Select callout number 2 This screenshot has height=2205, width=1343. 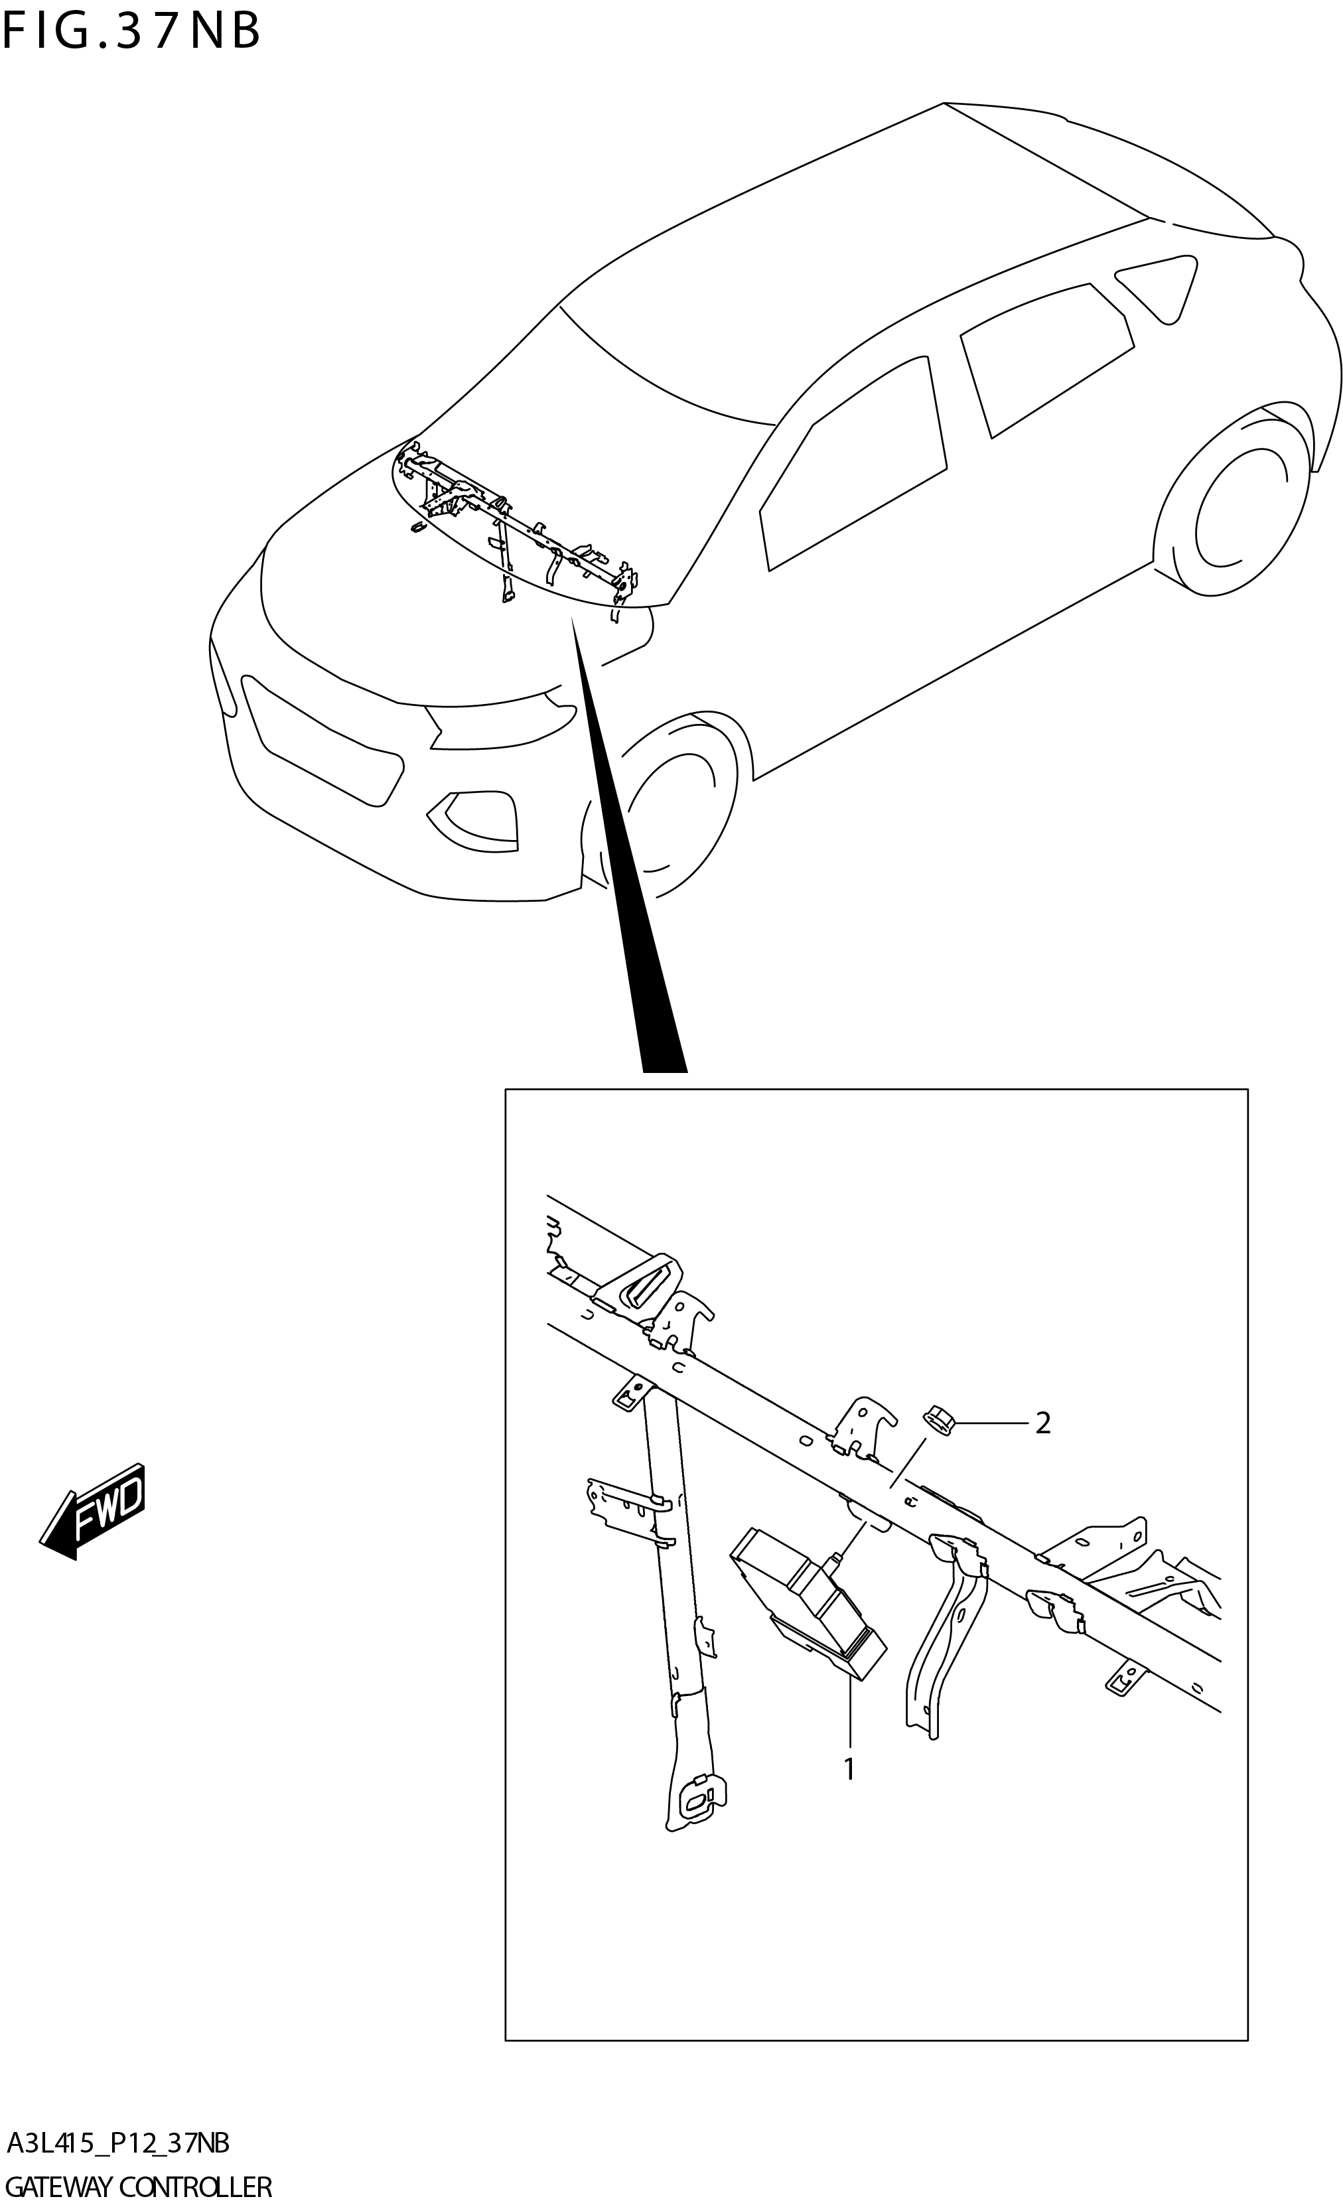[x=1042, y=1423]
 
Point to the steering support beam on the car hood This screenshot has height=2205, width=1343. [x=519, y=528]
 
